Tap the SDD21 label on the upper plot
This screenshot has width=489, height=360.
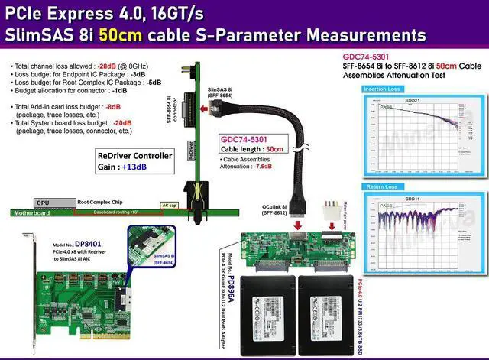tap(412, 101)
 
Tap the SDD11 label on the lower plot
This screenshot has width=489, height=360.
tap(412, 199)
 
